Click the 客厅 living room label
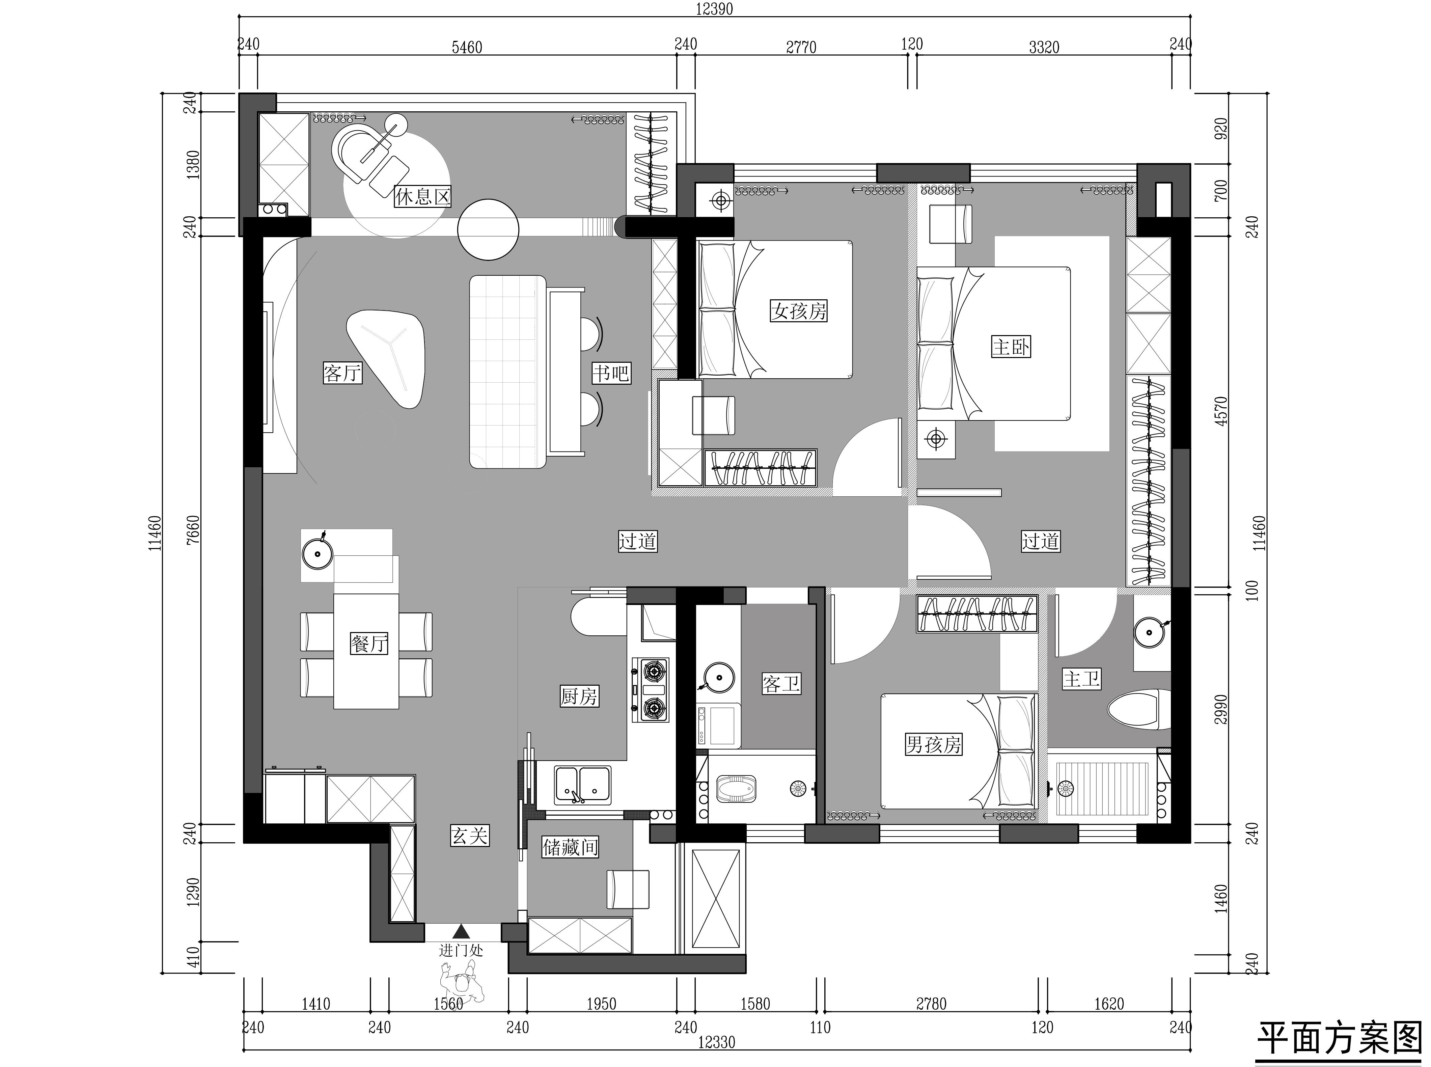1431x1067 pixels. pyautogui.click(x=342, y=373)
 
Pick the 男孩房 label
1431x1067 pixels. pyautogui.click(x=933, y=745)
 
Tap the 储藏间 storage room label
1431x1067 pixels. pyautogui.click(x=570, y=847)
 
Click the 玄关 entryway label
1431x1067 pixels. pyautogui.click(x=469, y=837)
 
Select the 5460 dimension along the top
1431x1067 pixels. pyautogui.click(x=467, y=47)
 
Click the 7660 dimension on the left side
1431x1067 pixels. pyautogui.click(x=192, y=531)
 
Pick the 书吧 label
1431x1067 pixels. pyautogui.click(x=611, y=373)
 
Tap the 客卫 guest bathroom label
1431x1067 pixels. pyautogui.click(x=781, y=683)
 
